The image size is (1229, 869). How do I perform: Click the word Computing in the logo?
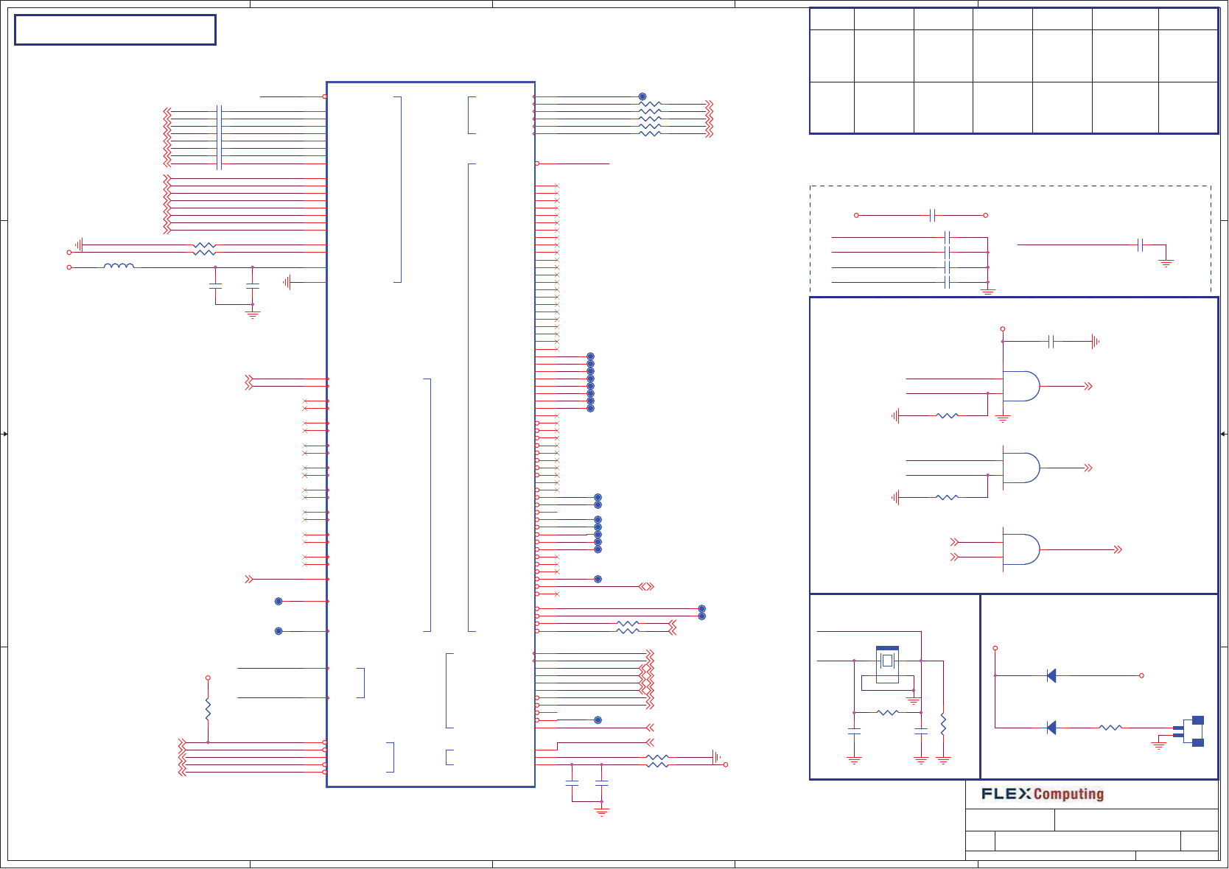1068,794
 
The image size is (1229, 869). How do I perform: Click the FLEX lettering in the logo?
1006,794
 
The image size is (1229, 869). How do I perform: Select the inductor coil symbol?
119,266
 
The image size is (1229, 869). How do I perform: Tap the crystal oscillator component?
887,661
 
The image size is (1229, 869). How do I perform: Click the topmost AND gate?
1021,386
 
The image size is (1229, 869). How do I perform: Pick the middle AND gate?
1021,468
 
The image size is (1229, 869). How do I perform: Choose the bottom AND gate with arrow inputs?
1021,549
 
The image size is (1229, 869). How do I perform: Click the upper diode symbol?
1051,675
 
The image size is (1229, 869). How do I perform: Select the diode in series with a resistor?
1051,728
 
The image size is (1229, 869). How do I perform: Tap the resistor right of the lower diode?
1110,728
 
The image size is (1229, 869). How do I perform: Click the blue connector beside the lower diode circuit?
1195,731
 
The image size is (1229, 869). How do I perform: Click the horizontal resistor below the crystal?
888,713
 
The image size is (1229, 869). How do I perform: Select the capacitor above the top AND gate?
1051,341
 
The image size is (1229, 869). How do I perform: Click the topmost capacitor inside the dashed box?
933,215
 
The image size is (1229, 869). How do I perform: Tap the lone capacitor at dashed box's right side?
1140,244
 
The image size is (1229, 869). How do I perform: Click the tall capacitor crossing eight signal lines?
219,138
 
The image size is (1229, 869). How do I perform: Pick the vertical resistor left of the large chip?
208,710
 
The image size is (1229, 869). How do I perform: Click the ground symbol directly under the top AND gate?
1003,418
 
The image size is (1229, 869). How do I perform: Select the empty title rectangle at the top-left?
115,30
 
